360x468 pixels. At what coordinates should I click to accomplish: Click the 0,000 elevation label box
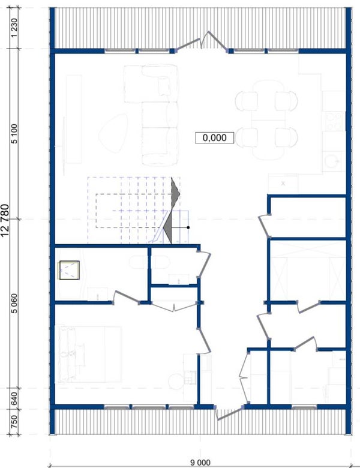pos(214,137)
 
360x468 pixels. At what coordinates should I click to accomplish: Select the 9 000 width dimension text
pos(200,463)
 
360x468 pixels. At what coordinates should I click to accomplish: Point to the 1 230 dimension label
pos(14,28)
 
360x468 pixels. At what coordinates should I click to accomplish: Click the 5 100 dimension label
pos(14,134)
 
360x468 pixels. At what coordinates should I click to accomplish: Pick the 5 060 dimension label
pos(14,303)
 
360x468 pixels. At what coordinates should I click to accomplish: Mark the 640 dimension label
pos(14,398)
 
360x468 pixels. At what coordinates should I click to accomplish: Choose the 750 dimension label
pos(14,421)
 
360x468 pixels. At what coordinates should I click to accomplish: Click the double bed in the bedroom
pos(88,354)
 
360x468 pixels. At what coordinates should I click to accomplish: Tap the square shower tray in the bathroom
pos(69,271)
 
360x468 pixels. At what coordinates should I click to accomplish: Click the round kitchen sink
pos(332,161)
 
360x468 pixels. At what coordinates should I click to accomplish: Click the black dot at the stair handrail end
pos(188,228)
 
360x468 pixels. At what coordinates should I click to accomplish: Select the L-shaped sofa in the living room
pos(152,115)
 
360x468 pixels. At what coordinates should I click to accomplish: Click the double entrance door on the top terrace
pos(202,41)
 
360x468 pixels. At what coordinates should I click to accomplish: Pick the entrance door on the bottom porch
pos(229,412)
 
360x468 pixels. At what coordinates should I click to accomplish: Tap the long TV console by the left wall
pos(74,119)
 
